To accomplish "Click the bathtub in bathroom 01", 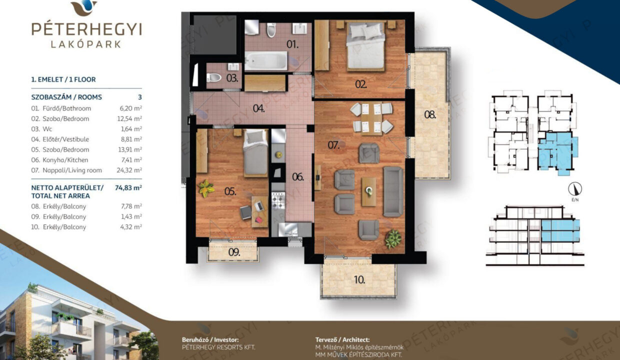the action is (266, 61).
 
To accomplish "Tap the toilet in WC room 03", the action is (213, 78).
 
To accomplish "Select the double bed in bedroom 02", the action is (365, 45).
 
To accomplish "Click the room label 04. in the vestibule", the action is (259, 108).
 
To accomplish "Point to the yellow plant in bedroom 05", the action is (206, 188).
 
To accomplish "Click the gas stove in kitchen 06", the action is (278, 200).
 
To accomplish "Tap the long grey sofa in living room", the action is (393, 191).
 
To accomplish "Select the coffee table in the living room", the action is (368, 192).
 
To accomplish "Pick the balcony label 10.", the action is (359, 280).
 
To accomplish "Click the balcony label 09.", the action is (234, 252).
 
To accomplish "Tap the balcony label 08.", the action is (430, 114).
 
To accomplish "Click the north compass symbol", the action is (575, 189).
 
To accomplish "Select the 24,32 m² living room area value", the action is (129, 170).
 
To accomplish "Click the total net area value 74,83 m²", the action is (128, 187).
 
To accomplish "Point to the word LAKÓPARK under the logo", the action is (86, 44).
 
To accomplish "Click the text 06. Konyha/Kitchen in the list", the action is (59, 160).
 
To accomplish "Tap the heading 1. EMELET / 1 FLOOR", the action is (63, 79).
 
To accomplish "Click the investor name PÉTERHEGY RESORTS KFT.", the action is (218, 347).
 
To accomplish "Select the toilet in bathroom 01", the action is (271, 30).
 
